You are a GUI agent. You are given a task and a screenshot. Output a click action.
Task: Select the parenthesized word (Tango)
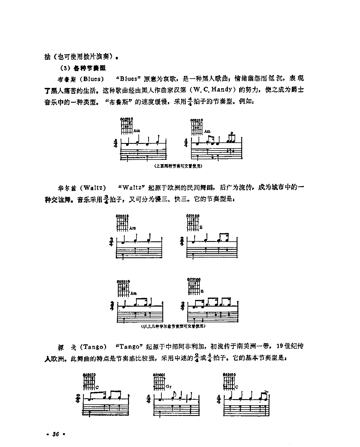(92, 347)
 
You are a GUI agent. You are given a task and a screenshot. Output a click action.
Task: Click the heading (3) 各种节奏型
(83, 68)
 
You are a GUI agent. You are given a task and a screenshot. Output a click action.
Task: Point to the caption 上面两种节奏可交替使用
(178, 166)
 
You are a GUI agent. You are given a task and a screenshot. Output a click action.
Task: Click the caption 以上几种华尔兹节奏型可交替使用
(173, 326)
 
